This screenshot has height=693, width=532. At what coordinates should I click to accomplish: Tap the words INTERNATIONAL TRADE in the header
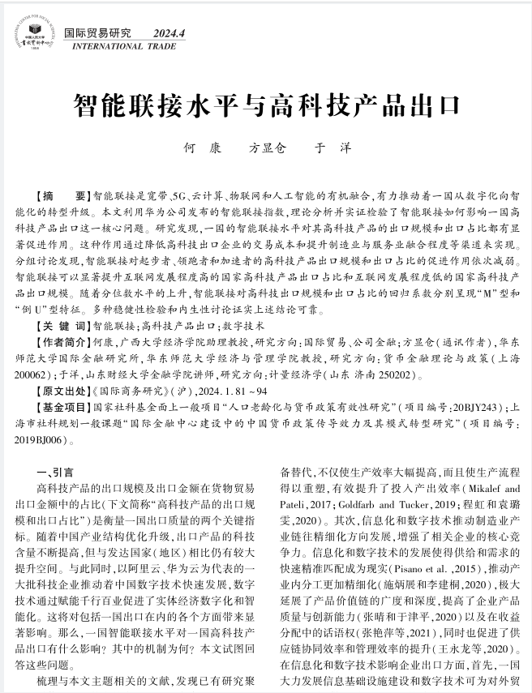pyautogui.click(x=118, y=47)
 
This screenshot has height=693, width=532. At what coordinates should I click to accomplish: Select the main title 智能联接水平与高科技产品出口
pyautogui.click(x=265, y=105)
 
